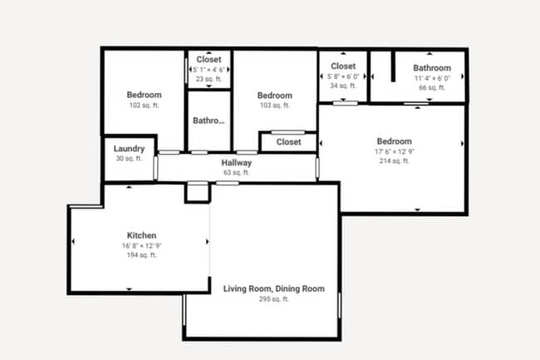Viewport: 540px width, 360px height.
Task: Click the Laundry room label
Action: [x=129, y=150]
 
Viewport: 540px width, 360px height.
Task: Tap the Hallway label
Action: [x=236, y=163]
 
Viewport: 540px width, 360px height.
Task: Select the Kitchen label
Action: [x=141, y=235]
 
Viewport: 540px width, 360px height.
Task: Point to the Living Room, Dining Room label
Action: [x=273, y=288]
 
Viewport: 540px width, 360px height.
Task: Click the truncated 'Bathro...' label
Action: [x=209, y=121]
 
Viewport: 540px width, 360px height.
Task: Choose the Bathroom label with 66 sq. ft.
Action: [x=432, y=68]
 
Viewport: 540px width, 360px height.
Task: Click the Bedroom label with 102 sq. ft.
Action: [x=144, y=95]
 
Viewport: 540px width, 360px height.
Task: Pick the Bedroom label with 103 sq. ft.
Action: [x=274, y=95]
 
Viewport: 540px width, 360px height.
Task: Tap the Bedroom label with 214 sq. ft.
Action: [x=394, y=141]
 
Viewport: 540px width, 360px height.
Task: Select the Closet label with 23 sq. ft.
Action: [x=209, y=60]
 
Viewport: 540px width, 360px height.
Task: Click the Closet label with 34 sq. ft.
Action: [x=343, y=67]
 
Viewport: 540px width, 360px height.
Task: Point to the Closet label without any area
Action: [x=288, y=142]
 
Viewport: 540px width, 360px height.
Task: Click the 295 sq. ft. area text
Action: [x=273, y=298]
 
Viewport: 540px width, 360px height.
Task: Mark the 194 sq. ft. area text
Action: [x=141, y=255]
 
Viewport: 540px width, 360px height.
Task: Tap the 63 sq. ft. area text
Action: [x=236, y=172]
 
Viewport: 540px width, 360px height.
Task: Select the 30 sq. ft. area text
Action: [x=129, y=159]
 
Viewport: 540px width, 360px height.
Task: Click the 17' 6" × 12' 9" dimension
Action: [x=394, y=151]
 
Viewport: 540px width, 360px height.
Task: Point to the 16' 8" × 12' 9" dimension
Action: [x=141, y=245]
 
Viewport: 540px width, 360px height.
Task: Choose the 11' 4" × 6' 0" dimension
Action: [x=432, y=77]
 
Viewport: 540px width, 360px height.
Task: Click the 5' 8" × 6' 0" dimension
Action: [x=343, y=76]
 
